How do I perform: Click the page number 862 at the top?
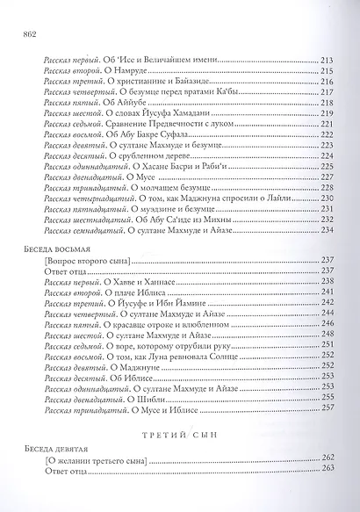24,33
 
